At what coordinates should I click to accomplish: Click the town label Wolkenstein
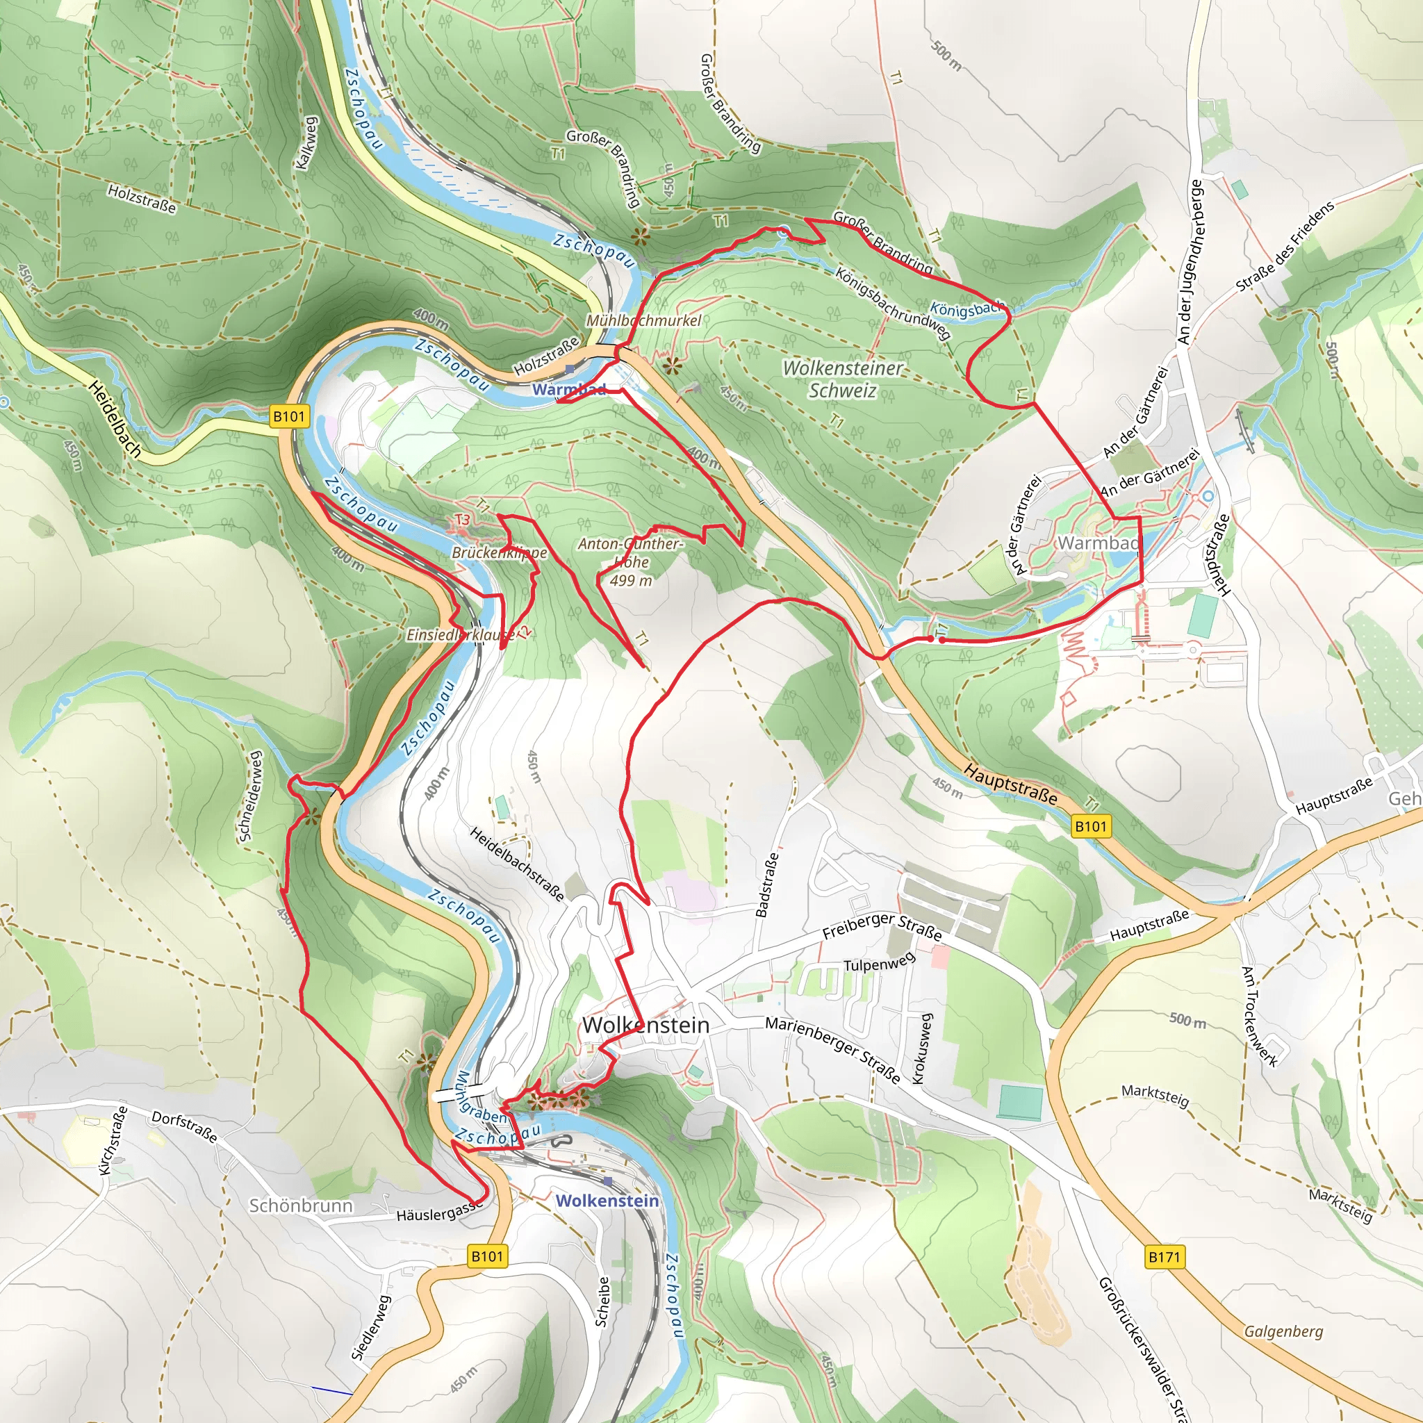click(x=645, y=1025)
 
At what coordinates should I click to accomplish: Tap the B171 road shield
click(x=1164, y=1256)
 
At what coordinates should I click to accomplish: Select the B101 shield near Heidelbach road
click(x=289, y=416)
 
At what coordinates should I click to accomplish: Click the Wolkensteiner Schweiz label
click(x=842, y=379)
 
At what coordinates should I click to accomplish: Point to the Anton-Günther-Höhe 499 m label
click(x=630, y=561)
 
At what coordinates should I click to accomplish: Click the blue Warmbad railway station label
click(x=568, y=389)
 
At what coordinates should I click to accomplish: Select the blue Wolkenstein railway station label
click(x=607, y=1201)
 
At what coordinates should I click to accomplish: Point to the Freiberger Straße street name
click(x=882, y=926)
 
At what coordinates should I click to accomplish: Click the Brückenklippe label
click(x=500, y=552)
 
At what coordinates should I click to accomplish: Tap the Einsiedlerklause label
click(x=459, y=634)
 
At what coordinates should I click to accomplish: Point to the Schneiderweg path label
click(x=250, y=796)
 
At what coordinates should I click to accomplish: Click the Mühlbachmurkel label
click(x=643, y=320)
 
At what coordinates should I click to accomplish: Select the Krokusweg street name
click(x=922, y=1048)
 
